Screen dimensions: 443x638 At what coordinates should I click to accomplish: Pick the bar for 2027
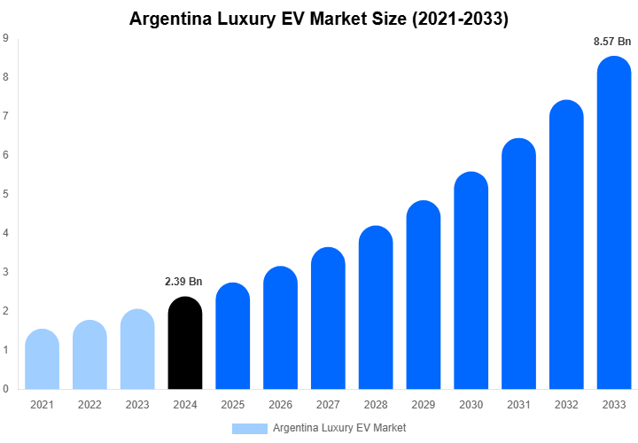click(x=328, y=319)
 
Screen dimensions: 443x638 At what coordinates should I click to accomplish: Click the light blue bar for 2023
click(x=137, y=349)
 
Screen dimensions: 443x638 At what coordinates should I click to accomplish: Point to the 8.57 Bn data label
click(x=612, y=41)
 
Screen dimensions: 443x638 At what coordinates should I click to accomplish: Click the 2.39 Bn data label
click(x=183, y=282)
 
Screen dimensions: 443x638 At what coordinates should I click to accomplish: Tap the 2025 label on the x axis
click(x=232, y=405)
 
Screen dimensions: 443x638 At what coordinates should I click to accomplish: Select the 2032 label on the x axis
click(x=567, y=405)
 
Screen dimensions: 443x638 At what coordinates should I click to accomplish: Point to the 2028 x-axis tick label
click(x=376, y=405)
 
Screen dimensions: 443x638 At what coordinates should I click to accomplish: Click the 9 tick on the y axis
click(x=6, y=38)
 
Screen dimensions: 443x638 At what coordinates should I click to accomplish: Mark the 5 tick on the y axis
click(x=6, y=194)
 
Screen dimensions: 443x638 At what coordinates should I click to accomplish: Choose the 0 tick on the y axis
click(x=6, y=389)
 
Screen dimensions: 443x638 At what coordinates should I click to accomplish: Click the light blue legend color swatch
click(x=249, y=428)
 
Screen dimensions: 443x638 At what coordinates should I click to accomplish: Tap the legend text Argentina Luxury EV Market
click(x=339, y=428)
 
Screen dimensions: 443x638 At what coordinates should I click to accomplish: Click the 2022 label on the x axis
click(x=89, y=405)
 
